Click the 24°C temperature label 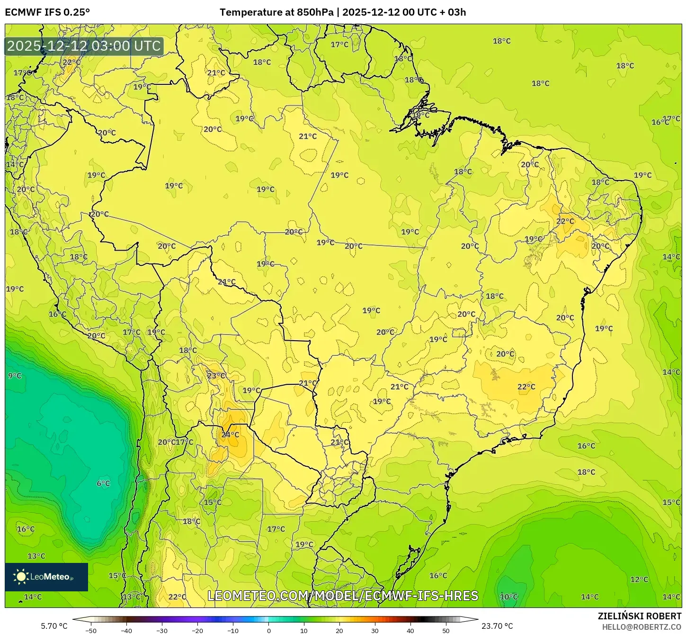pos(231,434)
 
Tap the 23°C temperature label pos(216,376)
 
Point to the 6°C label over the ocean pos(103,483)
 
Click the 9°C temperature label pos(15,376)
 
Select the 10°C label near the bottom pos(509,597)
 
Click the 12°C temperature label pos(639,579)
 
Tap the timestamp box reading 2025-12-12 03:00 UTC pos(84,46)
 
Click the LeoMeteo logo pos(46,577)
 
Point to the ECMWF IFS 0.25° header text pos(47,12)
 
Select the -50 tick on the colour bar pos(91,631)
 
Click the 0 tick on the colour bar pos(268,631)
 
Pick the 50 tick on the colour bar pos(446,631)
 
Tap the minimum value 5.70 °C pos(54,626)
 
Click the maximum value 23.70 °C pos(497,626)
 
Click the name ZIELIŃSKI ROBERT pos(640,616)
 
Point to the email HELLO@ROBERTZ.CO pos(641,627)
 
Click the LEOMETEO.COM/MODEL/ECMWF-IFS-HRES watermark pos(343,596)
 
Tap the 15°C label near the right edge pos(671,502)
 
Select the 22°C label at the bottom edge pos(177,597)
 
